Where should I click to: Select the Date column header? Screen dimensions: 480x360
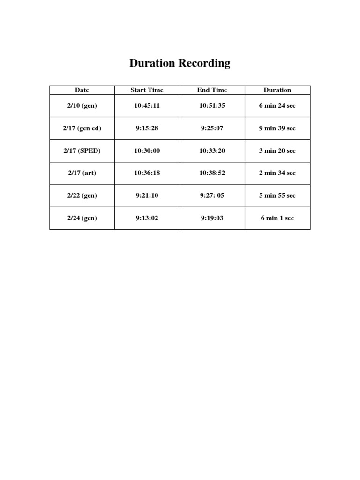[x=82, y=90]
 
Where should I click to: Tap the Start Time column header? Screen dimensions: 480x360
[x=147, y=90]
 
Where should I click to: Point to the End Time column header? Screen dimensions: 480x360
[x=212, y=90]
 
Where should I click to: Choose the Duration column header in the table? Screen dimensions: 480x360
[x=277, y=90]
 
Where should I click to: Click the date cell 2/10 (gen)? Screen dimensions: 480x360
[x=82, y=105]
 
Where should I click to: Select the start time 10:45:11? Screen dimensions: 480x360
[x=147, y=105]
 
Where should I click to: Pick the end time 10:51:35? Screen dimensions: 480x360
[x=212, y=105]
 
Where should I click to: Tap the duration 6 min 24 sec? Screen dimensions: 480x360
[x=277, y=105]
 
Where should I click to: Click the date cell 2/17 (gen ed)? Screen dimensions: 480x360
[x=82, y=128]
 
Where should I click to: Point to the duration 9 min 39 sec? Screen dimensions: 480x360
[x=277, y=128]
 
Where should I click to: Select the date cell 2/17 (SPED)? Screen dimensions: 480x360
[x=82, y=150]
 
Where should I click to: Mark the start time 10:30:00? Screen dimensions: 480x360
[x=147, y=150]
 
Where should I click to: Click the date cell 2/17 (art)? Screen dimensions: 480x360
[x=82, y=173]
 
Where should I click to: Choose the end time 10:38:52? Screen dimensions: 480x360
[x=212, y=173]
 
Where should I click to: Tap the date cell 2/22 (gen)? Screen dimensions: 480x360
[x=82, y=195]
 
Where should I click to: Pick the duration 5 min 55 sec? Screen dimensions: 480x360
[x=277, y=195]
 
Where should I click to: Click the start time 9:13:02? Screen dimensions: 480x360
[x=147, y=218]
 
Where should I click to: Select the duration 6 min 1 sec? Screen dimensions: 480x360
[x=277, y=218]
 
